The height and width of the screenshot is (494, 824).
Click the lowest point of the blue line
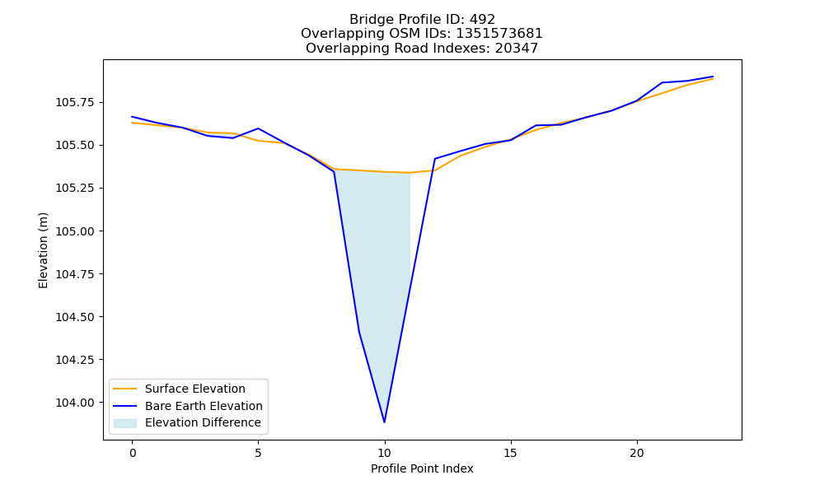385,422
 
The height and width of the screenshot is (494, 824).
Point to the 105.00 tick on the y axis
104,231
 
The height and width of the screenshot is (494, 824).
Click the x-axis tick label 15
511,453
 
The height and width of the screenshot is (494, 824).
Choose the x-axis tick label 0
133,453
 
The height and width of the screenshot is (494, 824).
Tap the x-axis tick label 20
637,453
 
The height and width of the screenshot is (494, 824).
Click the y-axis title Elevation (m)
43,250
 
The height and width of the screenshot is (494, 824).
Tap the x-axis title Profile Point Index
422,468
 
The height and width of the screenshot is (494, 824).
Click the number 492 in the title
483,20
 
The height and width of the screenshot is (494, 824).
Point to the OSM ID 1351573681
499,34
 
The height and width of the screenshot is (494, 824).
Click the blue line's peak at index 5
258,128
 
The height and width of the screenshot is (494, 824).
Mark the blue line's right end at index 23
713,77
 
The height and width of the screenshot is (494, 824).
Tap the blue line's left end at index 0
132,117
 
